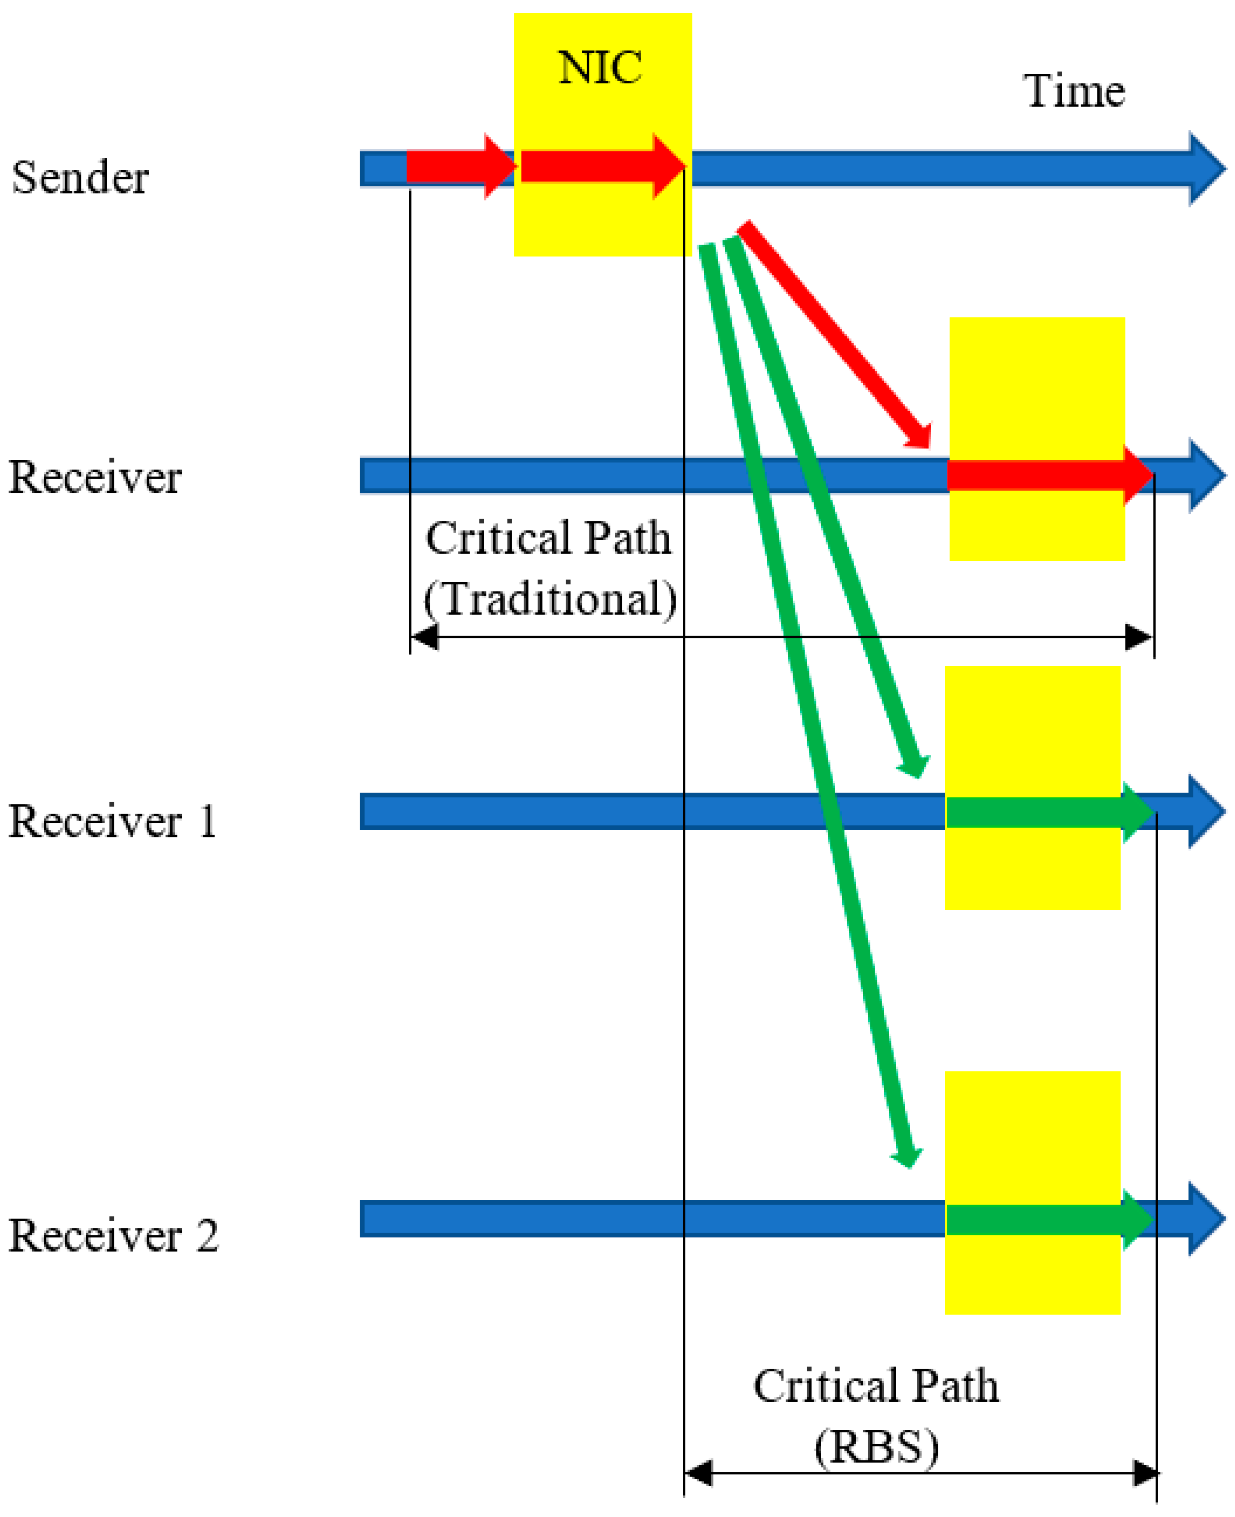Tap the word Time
[1074, 92]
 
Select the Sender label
[80, 178]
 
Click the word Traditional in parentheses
[550, 599]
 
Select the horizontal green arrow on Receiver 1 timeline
[1046, 812]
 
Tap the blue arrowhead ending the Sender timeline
[1206, 168]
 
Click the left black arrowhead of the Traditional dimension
[425, 637]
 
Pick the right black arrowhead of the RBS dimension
[1145, 1474]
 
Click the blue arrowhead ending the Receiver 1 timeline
[1206, 812]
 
